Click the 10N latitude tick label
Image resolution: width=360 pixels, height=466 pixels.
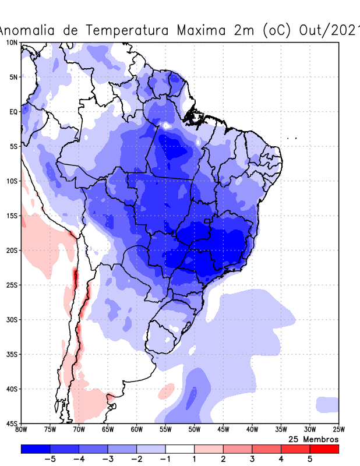(12, 43)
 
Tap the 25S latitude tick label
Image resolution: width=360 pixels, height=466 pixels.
(12, 285)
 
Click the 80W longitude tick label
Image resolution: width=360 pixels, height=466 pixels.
(22, 430)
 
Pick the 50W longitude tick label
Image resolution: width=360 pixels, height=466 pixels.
(195, 430)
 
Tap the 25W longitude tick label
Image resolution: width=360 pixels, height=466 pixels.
(338, 430)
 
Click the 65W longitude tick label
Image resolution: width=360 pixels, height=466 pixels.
(108, 430)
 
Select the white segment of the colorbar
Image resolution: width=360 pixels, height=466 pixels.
(180, 449)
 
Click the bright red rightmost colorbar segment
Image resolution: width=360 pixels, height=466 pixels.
(324, 449)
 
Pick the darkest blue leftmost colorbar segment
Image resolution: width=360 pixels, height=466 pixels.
(36, 449)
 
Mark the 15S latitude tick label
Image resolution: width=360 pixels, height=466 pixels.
(12, 216)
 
